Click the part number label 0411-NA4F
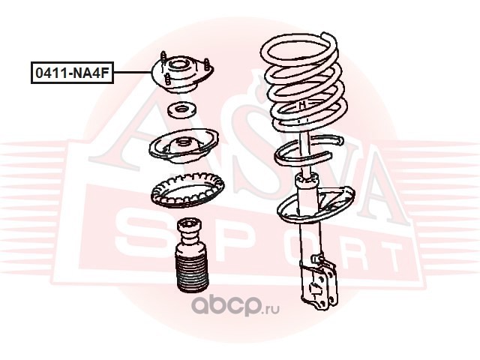click(x=72, y=73)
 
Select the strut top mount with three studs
click(x=183, y=73)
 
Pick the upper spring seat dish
click(x=184, y=147)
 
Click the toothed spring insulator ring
click(x=187, y=190)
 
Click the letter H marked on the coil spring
click(x=302, y=105)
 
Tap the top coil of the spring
click(x=299, y=49)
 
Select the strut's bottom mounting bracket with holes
click(x=320, y=285)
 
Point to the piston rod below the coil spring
click(x=305, y=153)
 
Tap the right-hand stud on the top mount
click(x=207, y=66)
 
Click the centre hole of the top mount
click(x=178, y=65)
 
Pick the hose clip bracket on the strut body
click(x=318, y=260)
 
